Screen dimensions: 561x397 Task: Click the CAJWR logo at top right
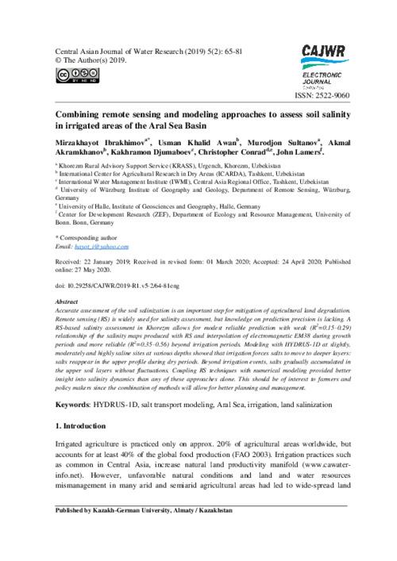point(321,52)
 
